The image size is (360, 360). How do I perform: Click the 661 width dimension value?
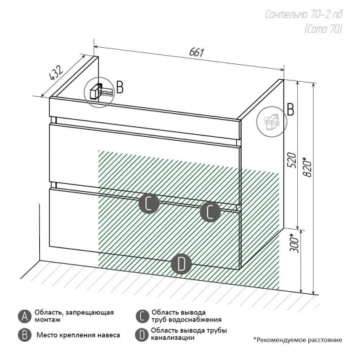[x=196, y=52]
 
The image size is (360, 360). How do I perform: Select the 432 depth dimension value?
[x=56, y=73]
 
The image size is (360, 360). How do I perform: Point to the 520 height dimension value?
[x=291, y=160]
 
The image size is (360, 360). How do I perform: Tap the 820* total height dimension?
[x=307, y=167]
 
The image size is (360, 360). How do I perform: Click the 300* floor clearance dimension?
[x=295, y=243]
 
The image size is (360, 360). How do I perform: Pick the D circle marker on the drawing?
[x=181, y=264]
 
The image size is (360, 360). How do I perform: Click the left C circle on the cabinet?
[x=149, y=204]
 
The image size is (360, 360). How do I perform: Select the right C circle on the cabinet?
[x=210, y=212]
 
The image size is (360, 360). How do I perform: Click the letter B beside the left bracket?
[x=120, y=87]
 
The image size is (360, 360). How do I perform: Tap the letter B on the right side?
[x=291, y=110]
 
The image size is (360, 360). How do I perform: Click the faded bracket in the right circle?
[x=272, y=121]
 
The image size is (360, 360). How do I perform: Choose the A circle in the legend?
[x=25, y=317]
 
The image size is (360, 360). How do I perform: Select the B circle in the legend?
[x=25, y=335]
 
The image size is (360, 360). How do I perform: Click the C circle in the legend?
[x=142, y=317]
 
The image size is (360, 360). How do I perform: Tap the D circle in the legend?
[x=142, y=335]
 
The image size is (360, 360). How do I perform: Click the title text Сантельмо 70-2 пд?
[x=304, y=14]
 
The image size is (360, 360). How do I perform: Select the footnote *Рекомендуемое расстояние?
[x=298, y=340]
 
